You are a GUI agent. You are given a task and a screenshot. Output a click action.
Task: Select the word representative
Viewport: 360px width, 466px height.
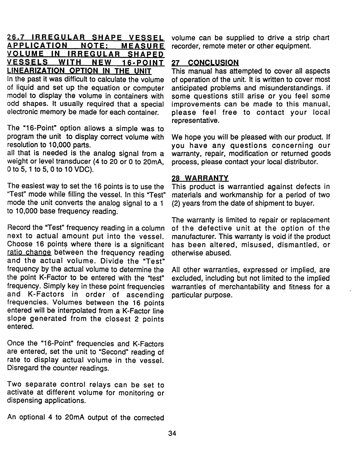[195, 121]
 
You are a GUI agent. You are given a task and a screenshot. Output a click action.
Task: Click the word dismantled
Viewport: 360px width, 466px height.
[292, 245]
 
